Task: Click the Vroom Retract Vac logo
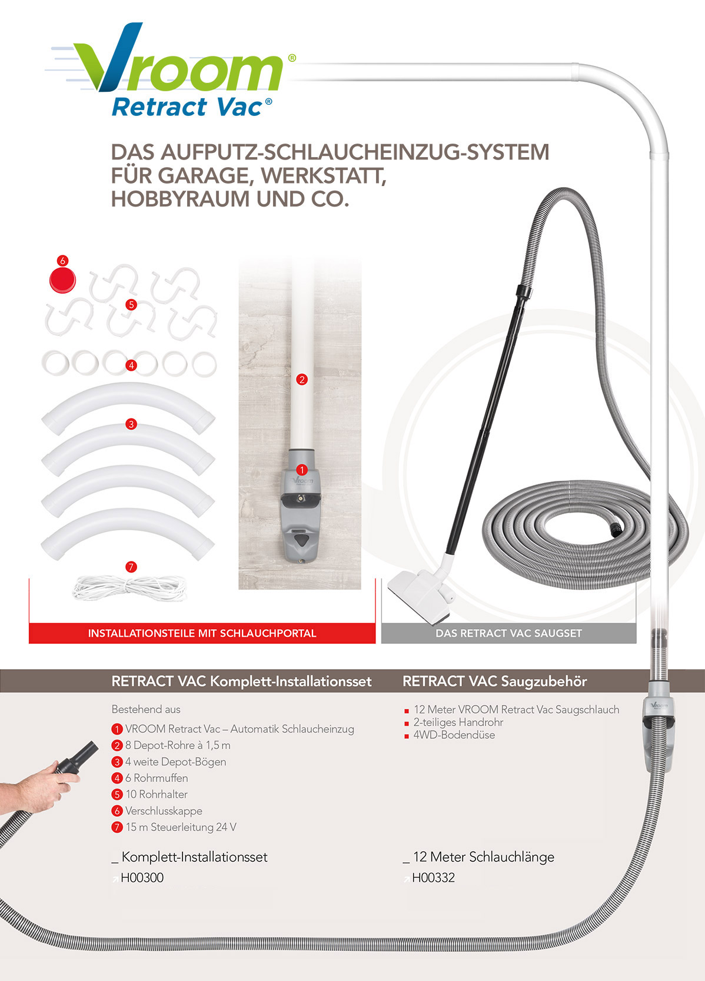tap(171, 70)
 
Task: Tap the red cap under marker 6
tap(62, 280)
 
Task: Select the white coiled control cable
tap(130, 587)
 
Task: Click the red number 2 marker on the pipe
tap(302, 380)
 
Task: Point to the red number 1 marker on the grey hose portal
tap(302, 470)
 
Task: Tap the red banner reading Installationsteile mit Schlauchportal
tap(202, 633)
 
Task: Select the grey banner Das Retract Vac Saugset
tap(508, 633)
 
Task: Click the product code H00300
tap(142, 877)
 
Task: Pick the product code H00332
tap(434, 877)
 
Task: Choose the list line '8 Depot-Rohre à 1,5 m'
tap(177, 745)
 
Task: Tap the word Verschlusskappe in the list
tap(164, 811)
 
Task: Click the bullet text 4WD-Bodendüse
tap(454, 735)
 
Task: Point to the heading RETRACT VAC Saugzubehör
tap(495, 681)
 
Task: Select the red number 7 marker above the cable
tap(131, 567)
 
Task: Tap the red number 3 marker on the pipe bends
tap(131, 424)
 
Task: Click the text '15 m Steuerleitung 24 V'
tap(181, 827)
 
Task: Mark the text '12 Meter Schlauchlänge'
tap(483, 857)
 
